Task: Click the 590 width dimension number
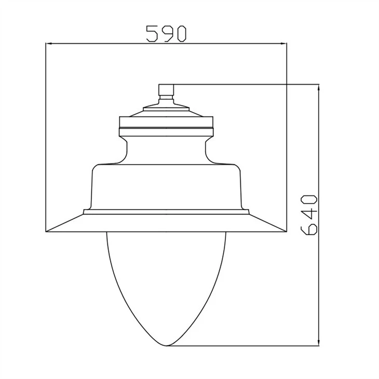click(x=166, y=34)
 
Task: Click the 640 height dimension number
click(x=309, y=214)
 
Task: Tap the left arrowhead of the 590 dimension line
click(x=49, y=44)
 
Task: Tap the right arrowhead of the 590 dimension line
click(x=284, y=44)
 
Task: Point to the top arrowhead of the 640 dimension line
click(x=319, y=88)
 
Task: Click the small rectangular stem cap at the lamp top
click(x=166, y=90)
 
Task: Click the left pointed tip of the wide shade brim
click(x=46, y=232)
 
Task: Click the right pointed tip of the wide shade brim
click(x=287, y=232)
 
